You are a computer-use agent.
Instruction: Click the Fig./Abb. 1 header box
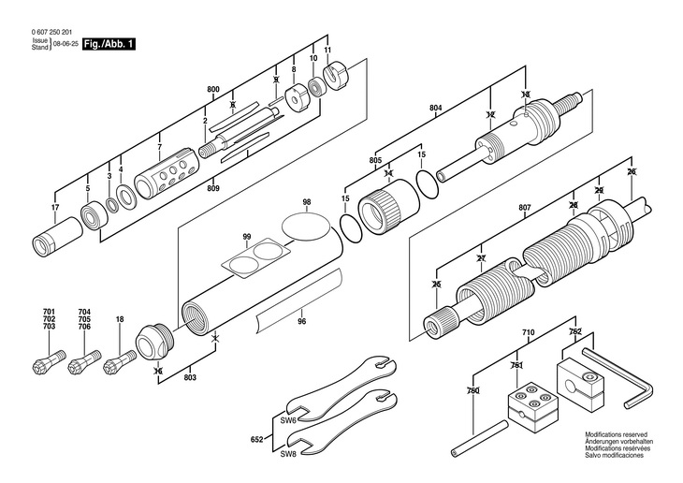point(109,44)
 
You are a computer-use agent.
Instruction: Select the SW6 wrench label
point(288,421)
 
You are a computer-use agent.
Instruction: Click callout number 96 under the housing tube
point(301,322)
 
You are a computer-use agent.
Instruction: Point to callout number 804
point(435,110)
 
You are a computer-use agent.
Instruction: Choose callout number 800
point(213,89)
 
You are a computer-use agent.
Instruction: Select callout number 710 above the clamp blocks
point(528,332)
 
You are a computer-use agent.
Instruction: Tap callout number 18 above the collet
point(120,320)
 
